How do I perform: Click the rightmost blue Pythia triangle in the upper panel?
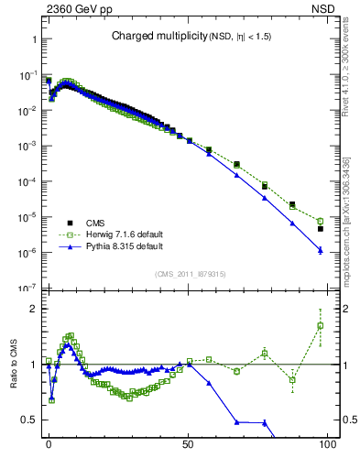320,250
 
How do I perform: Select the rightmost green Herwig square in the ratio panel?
320,326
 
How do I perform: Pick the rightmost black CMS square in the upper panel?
320,229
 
